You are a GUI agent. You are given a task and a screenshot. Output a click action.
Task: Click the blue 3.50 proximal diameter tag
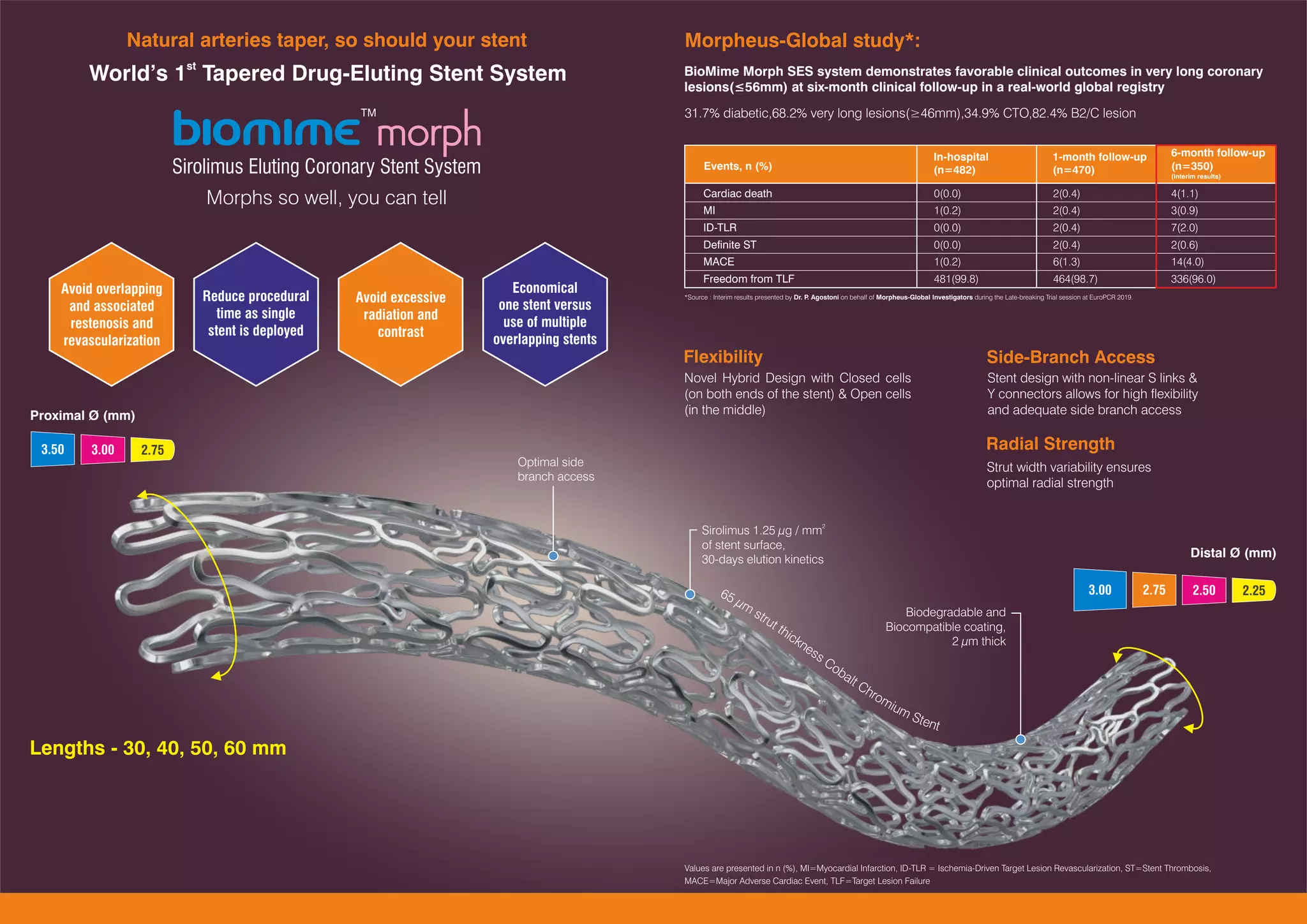point(52,449)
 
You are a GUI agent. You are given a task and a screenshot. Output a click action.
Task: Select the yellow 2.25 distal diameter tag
point(1253,590)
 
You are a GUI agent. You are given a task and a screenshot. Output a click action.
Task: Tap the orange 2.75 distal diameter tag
point(1154,590)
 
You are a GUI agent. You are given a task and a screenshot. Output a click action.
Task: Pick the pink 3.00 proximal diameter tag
point(102,449)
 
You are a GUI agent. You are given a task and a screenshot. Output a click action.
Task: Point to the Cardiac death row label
point(737,193)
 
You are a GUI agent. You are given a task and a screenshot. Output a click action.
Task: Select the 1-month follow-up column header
point(1099,163)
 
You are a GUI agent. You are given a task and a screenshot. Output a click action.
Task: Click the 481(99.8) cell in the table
point(955,279)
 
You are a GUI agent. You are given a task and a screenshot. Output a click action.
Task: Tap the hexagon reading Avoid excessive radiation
point(400,314)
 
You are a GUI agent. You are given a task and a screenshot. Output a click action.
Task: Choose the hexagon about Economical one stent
point(544,314)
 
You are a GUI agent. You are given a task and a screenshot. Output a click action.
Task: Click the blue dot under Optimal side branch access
point(553,556)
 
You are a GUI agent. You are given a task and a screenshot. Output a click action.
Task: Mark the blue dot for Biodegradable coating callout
point(1020,740)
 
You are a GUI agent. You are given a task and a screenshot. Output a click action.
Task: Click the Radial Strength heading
point(1050,443)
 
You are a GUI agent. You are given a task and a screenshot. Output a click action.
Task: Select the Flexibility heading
point(722,357)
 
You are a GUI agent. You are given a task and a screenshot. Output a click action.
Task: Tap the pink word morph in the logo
point(428,132)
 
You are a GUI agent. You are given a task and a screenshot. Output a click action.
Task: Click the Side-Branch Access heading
point(1070,357)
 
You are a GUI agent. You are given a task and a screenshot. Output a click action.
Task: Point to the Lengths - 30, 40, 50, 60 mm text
point(158,747)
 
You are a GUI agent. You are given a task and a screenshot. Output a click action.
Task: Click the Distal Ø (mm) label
point(1232,553)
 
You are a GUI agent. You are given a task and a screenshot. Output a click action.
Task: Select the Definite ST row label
point(729,244)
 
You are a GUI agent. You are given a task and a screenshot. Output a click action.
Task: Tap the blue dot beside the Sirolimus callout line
point(690,594)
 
